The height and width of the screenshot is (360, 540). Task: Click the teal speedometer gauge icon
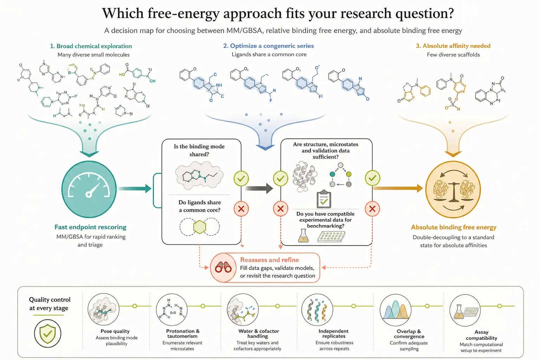89,189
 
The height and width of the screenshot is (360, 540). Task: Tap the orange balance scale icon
453,189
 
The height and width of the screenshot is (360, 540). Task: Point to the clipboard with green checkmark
324,199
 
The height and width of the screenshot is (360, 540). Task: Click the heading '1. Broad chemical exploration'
91,46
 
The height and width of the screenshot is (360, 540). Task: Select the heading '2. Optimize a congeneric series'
269,46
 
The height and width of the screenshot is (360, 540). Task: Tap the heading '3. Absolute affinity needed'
453,46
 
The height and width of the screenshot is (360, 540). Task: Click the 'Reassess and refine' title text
270,260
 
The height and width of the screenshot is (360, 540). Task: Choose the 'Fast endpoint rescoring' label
90,227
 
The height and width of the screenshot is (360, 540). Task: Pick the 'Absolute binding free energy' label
454,227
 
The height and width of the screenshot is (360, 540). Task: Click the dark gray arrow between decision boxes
259,188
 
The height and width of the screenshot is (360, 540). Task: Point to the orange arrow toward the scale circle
398,188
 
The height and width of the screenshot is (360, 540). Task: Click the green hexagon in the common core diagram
200,227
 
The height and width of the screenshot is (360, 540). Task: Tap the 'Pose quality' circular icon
103,309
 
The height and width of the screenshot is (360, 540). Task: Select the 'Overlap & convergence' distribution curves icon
396,310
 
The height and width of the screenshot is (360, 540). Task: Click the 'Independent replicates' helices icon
317,310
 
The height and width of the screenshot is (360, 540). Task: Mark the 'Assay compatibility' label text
481,335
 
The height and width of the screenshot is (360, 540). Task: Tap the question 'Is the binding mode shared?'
199,150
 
